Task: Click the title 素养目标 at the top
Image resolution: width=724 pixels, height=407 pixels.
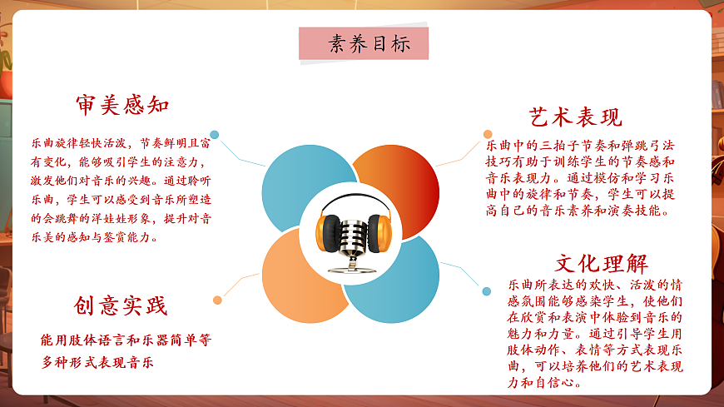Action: (x=364, y=43)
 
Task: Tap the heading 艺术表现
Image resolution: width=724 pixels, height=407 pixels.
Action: (x=576, y=117)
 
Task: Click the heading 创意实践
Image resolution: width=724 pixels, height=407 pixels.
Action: (x=120, y=305)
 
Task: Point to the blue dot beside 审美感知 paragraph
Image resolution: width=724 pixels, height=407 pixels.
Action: (x=215, y=134)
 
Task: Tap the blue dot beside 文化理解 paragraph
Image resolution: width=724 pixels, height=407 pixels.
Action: (x=487, y=290)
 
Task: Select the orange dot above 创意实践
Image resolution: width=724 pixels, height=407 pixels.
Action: (x=217, y=300)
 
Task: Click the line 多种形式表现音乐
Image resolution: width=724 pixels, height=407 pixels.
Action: (x=98, y=363)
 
